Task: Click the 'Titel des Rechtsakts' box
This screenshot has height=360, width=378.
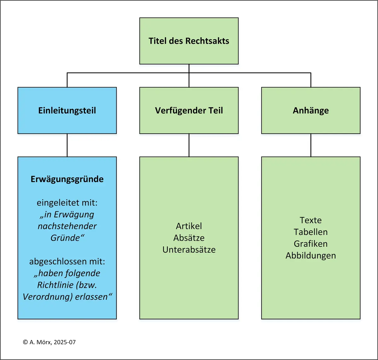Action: (189, 41)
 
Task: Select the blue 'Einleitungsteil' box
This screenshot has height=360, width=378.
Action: (67, 110)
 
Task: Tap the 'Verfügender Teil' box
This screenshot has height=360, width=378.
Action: (189, 110)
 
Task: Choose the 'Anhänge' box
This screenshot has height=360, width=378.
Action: (311, 110)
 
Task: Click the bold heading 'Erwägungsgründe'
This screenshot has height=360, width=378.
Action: (67, 179)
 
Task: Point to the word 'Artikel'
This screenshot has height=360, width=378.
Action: (189, 226)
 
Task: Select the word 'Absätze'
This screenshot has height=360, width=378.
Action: (189, 238)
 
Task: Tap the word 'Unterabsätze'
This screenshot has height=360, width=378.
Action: (189, 250)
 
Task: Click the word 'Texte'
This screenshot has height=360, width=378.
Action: (311, 220)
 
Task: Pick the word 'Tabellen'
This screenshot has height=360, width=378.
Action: (311, 232)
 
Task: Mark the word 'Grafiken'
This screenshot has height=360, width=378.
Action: (311, 244)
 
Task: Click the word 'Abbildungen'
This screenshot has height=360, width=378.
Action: (311, 256)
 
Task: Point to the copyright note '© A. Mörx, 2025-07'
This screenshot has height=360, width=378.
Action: (49, 342)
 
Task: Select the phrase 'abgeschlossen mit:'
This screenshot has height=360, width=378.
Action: (67, 262)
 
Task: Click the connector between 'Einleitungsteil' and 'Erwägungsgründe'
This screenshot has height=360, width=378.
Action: (67, 145)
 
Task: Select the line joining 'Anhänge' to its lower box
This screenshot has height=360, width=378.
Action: (311, 145)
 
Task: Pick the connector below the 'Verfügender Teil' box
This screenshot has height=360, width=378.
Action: (189, 145)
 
